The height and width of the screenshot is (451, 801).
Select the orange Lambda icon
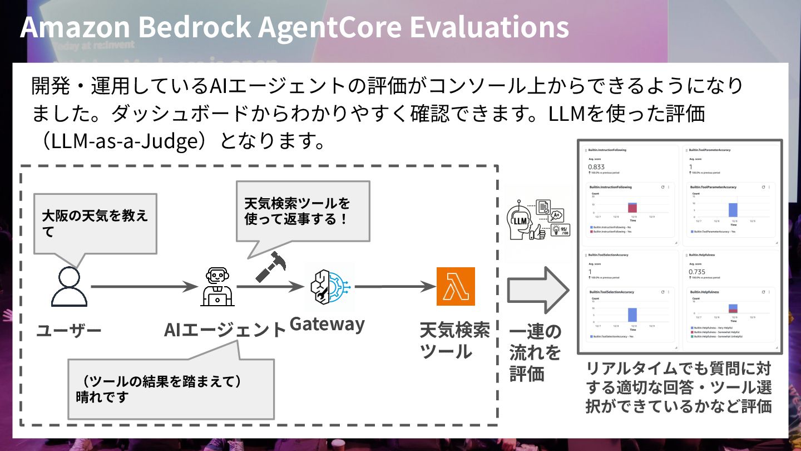[x=456, y=287]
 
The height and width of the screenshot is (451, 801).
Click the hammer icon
[x=271, y=266]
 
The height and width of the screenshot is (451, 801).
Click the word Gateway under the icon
[x=327, y=324]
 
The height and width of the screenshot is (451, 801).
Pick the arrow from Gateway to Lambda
[x=395, y=287]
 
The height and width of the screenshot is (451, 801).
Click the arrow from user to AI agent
[x=145, y=287]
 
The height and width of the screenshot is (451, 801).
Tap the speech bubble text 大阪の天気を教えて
[x=95, y=223]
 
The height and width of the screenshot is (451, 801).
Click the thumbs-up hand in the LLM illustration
[x=537, y=233]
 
